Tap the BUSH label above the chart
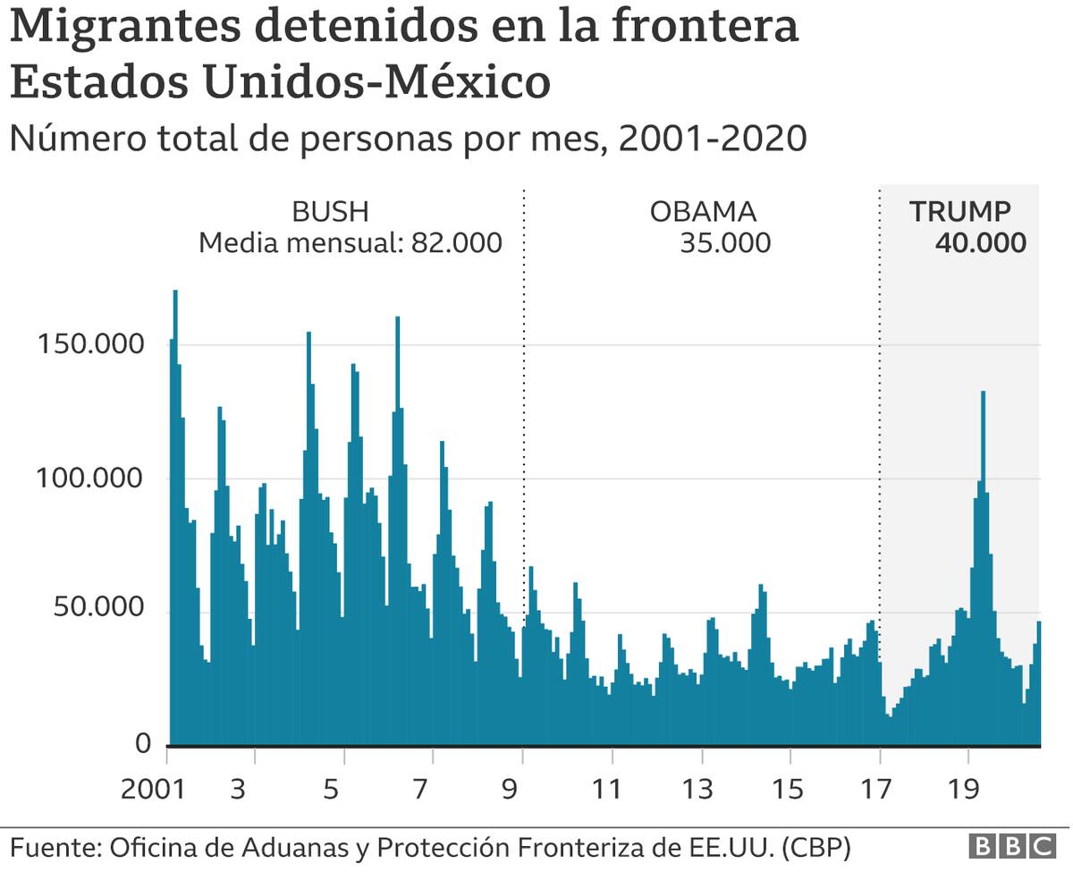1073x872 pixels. pyautogui.click(x=330, y=212)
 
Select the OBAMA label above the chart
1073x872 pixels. pyautogui.click(x=703, y=212)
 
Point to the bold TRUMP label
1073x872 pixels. pyautogui.click(x=959, y=212)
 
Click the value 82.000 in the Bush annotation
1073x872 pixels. pyautogui.click(x=456, y=243)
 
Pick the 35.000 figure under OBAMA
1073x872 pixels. pyautogui.click(x=724, y=243)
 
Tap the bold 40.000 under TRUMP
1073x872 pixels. pyautogui.click(x=980, y=243)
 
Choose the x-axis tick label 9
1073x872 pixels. pyautogui.click(x=511, y=790)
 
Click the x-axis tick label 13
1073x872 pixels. pyautogui.click(x=697, y=790)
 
